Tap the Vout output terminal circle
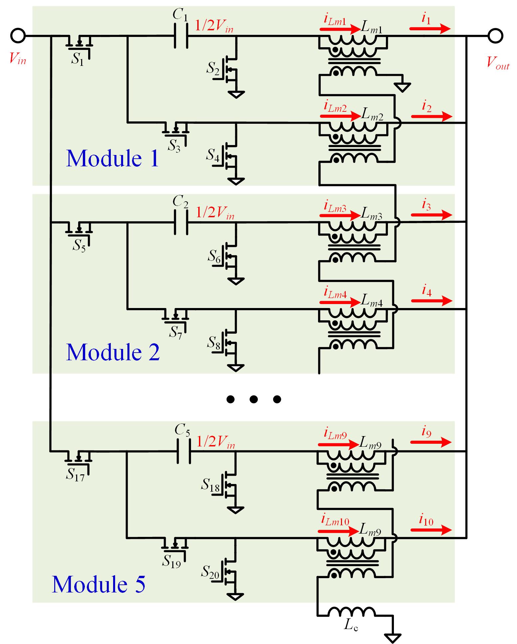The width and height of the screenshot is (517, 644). click(495, 36)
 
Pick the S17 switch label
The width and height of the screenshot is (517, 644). click(75, 474)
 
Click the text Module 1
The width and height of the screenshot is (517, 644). click(112, 158)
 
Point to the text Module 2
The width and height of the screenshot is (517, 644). click(113, 352)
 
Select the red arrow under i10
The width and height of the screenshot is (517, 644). click(431, 530)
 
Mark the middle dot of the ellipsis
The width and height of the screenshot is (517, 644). click(253, 399)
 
